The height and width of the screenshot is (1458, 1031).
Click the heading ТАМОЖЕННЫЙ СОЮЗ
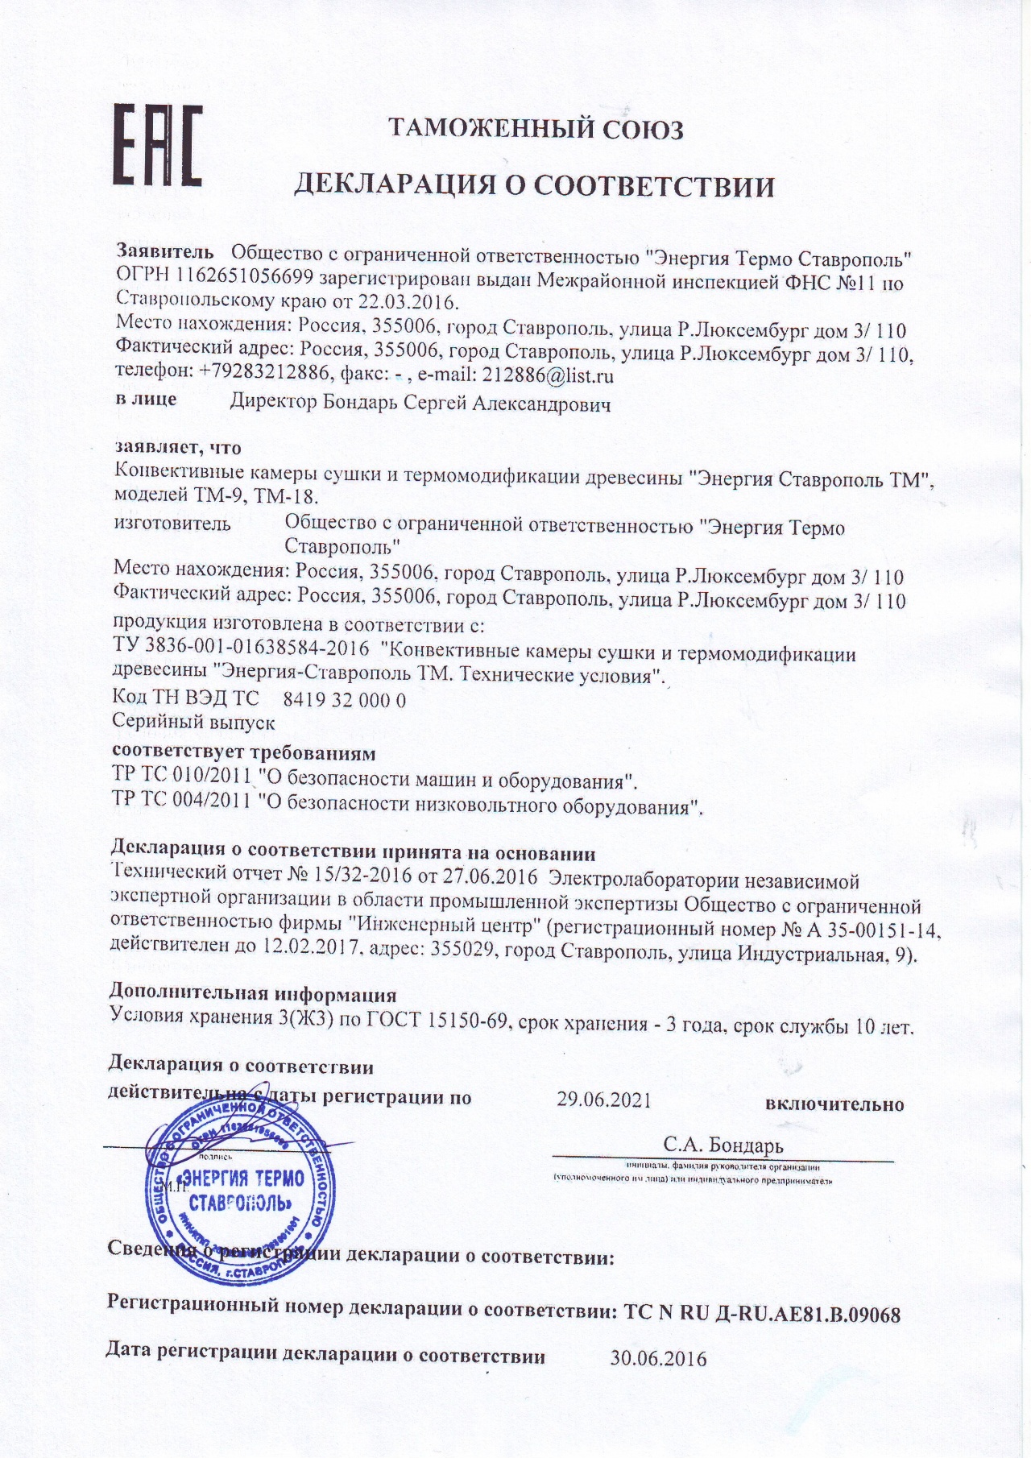pos(536,129)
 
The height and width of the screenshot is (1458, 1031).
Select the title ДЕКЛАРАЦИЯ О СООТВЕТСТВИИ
pos(533,187)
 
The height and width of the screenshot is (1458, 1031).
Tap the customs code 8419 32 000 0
pos(346,700)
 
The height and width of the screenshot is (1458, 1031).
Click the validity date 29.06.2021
pos(604,1100)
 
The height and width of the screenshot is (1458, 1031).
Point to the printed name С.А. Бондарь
pos(723,1145)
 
